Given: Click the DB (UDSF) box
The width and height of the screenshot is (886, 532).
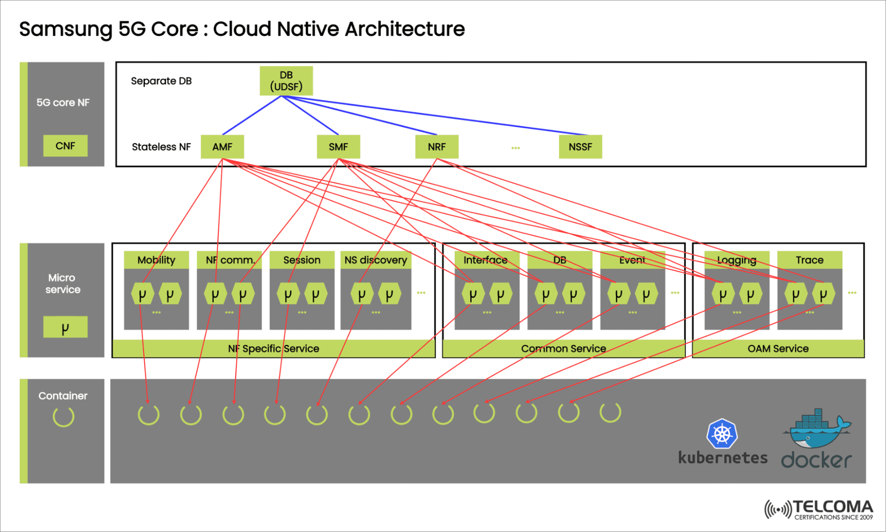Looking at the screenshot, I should (286, 81).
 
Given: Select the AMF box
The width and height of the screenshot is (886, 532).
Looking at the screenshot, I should (222, 147).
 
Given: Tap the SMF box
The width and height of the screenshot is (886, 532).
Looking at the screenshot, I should (338, 147).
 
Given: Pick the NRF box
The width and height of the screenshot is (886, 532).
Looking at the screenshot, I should (437, 147).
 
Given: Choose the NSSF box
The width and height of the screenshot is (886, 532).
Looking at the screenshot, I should (580, 147).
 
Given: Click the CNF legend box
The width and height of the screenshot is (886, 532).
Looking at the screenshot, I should (65, 146).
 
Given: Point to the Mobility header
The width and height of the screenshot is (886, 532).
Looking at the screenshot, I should (156, 260).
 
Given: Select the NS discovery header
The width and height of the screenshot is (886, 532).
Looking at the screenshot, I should (376, 260).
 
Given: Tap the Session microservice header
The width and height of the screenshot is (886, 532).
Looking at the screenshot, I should (302, 260).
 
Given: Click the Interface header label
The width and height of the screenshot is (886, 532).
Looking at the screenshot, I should (486, 260).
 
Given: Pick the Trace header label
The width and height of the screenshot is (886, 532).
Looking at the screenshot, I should (809, 260).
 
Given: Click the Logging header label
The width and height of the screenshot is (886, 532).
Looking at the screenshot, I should (737, 260).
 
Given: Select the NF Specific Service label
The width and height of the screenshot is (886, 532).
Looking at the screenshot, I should (273, 348).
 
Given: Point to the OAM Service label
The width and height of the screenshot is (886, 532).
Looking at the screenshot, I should (778, 348).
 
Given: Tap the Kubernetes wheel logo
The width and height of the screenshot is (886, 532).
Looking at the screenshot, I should (722, 434).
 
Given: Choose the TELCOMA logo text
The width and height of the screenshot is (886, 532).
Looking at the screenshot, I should (832, 507).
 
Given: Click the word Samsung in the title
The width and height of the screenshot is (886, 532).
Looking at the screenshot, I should (66, 30).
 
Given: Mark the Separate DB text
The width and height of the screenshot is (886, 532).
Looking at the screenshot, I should (161, 81).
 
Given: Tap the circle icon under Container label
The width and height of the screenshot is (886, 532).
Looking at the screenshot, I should (63, 417).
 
